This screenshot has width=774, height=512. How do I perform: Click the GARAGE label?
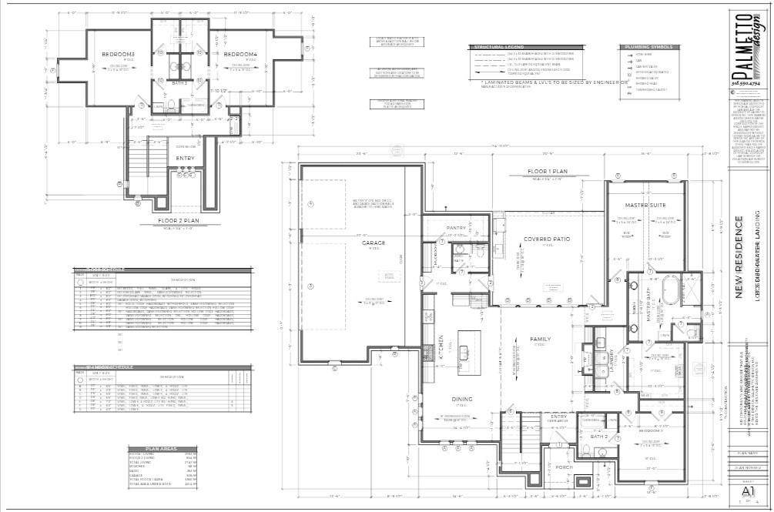(374, 243)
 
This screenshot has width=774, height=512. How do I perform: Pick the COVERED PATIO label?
(547, 239)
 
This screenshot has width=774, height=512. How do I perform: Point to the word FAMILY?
(541, 339)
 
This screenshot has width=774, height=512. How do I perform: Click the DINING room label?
(462, 399)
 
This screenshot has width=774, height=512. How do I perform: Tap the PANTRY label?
(457, 228)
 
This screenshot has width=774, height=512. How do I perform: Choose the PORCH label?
(564, 467)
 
